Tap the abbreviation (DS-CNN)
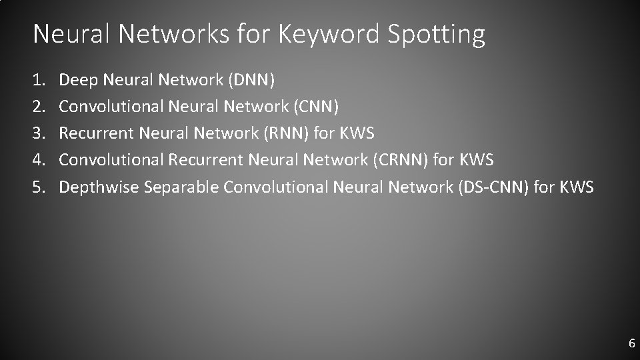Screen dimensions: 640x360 (494, 187)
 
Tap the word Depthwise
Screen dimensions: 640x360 (99, 187)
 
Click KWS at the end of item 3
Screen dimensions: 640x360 (357, 133)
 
